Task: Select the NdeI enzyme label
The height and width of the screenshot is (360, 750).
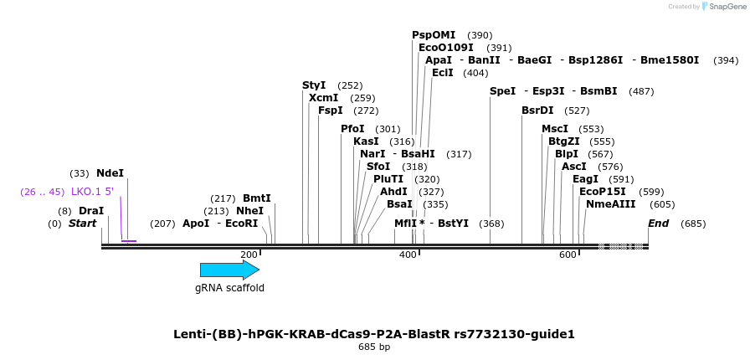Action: click(110, 173)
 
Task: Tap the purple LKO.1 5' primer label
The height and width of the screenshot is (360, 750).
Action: click(92, 192)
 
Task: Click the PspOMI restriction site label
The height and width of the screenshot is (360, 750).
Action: click(434, 35)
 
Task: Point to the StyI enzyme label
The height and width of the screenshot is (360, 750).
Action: click(314, 85)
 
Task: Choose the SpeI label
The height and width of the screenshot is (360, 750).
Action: click(502, 91)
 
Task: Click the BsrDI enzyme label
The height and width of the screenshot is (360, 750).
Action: click(537, 111)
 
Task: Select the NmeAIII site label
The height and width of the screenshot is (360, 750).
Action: click(610, 204)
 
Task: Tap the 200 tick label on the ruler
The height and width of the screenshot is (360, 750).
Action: click(249, 255)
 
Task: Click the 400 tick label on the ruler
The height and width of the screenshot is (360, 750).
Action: click(408, 255)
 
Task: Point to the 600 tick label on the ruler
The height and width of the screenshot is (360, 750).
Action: click(568, 255)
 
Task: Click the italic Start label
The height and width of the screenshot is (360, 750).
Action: click(82, 224)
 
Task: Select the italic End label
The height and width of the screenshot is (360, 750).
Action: click(658, 224)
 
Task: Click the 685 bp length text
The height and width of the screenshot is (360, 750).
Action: click(374, 347)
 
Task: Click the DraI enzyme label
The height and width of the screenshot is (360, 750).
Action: click(91, 211)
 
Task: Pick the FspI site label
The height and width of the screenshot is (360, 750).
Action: click(331, 111)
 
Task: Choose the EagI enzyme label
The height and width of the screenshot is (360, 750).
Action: click(585, 179)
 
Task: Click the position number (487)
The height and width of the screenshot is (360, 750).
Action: click(641, 91)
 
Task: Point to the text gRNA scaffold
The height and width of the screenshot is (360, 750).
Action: click(229, 288)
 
